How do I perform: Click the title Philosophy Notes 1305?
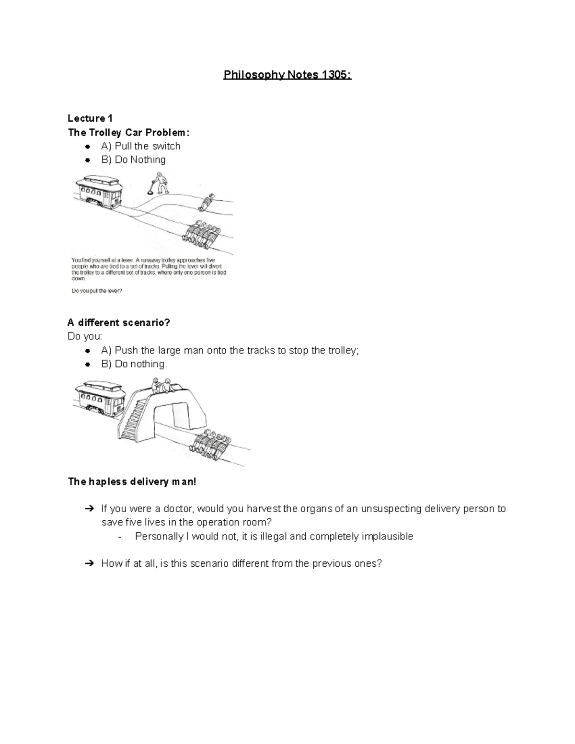[287, 75]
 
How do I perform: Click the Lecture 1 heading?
[90, 118]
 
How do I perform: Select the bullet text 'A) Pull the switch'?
[141, 146]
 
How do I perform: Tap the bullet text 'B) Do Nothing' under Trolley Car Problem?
[133, 160]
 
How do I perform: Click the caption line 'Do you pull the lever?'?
[97, 291]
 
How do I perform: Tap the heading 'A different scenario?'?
[119, 323]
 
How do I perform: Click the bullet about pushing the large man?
[230, 351]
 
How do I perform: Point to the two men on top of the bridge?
[161, 386]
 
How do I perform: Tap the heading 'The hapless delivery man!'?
[132, 481]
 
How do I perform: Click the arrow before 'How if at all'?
[89, 563]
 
